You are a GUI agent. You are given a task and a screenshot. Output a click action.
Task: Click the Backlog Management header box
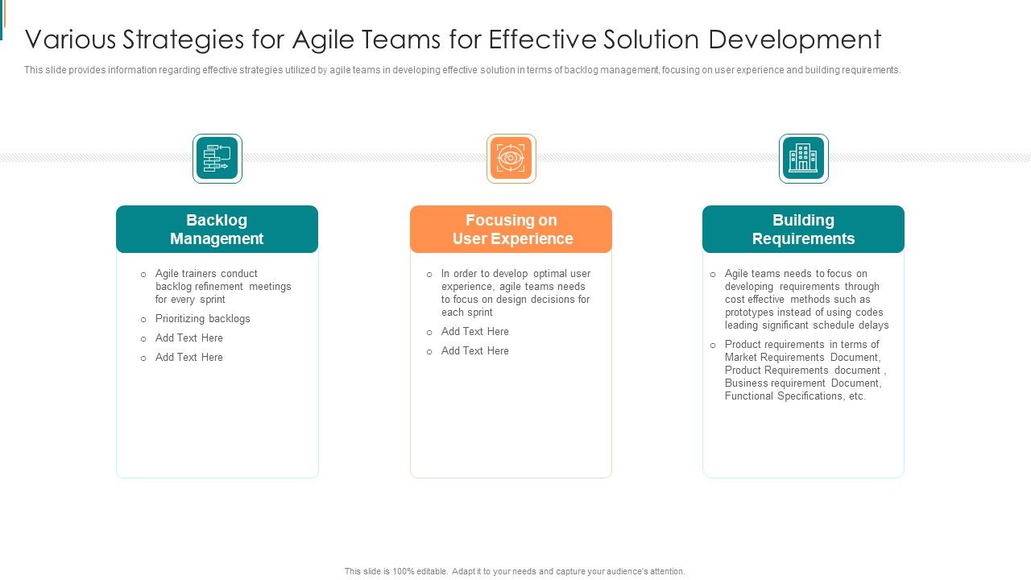click(x=217, y=230)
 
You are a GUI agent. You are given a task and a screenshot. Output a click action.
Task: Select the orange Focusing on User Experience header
click(x=511, y=230)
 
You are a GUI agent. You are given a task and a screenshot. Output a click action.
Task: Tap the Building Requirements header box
click(x=803, y=230)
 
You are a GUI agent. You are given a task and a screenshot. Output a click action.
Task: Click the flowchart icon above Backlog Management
click(x=217, y=159)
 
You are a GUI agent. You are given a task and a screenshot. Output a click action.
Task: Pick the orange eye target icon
click(x=511, y=159)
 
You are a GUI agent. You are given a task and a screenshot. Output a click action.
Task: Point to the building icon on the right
click(x=803, y=159)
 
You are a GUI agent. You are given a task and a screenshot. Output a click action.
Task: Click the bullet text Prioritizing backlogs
click(x=202, y=319)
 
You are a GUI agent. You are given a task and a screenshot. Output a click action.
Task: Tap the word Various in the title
click(x=70, y=39)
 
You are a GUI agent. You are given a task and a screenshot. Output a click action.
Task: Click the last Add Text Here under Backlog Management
click(x=188, y=358)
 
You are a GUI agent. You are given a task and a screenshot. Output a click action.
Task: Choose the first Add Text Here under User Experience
click(x=474, y=332)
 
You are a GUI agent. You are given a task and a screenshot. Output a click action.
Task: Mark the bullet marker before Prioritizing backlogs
click(x=143, y=320)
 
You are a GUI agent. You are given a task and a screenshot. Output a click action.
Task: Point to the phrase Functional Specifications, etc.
click(x=795, y=396)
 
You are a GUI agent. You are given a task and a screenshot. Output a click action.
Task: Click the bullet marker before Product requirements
click(x=713, y=346)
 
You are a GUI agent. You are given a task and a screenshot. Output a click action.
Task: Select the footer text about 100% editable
click(x=515, y=571)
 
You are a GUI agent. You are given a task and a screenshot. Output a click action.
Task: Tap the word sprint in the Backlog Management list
click(x=212, y=300)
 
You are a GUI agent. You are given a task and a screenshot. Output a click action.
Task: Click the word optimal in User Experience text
click(x=550, y=274)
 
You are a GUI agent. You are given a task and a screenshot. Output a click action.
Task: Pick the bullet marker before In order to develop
click(x=429, y=275)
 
